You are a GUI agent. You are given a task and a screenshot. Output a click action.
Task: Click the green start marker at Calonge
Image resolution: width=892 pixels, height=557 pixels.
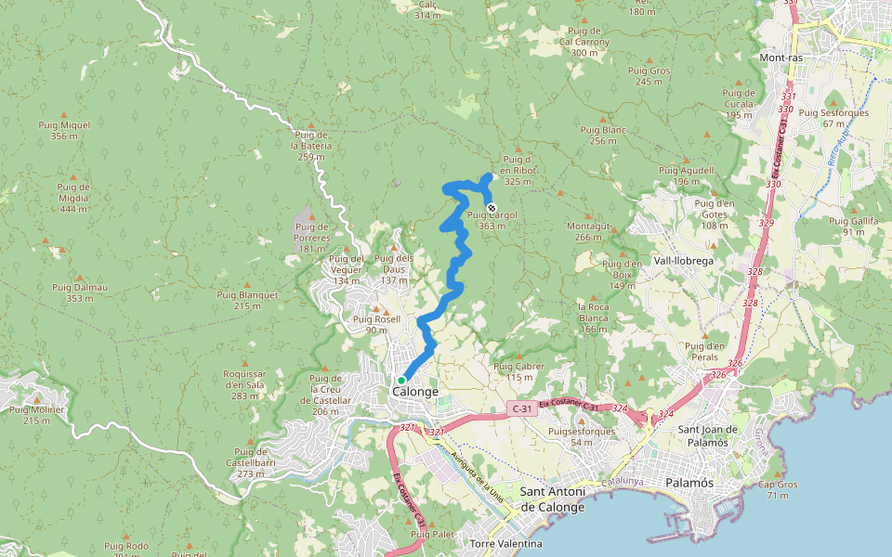tap(401, 381)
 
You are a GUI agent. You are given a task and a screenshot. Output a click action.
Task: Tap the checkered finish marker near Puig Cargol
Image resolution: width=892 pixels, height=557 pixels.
tap(492, 207)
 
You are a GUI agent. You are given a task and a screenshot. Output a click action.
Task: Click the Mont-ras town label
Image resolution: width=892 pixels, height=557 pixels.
tap(780, 58)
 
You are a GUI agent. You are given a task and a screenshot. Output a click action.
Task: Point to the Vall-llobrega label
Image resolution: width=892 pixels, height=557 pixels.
tap(683, 262)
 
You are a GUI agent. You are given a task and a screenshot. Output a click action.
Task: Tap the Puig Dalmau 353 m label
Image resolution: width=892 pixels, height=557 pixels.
tap(80, 292)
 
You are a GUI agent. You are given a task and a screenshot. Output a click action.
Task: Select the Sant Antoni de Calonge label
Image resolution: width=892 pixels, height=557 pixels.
tap(553, 499)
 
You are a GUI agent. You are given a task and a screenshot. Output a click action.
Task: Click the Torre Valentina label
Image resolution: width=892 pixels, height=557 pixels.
tap(506, 543)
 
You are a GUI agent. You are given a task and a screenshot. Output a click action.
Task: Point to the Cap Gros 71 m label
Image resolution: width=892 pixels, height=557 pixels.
tap(778, 490)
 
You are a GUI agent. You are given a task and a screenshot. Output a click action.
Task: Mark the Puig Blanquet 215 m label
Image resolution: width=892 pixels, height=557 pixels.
tap(247, 300)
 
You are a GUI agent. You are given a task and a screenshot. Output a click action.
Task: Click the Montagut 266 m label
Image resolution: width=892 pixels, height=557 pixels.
tap(588, 231)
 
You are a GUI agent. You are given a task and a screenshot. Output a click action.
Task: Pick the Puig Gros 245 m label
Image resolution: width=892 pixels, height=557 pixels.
tap(649, 76)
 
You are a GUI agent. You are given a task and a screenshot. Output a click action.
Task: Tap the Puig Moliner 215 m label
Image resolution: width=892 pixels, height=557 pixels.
tap(36, 414)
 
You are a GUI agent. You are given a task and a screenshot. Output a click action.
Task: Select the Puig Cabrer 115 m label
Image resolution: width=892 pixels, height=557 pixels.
tap(519, 371)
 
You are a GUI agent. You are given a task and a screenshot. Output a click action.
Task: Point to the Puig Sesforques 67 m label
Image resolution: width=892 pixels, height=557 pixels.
tap(833, 118)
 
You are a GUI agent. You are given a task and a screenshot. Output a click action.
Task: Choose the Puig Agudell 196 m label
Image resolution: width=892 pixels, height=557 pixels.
tap(686, 175)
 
